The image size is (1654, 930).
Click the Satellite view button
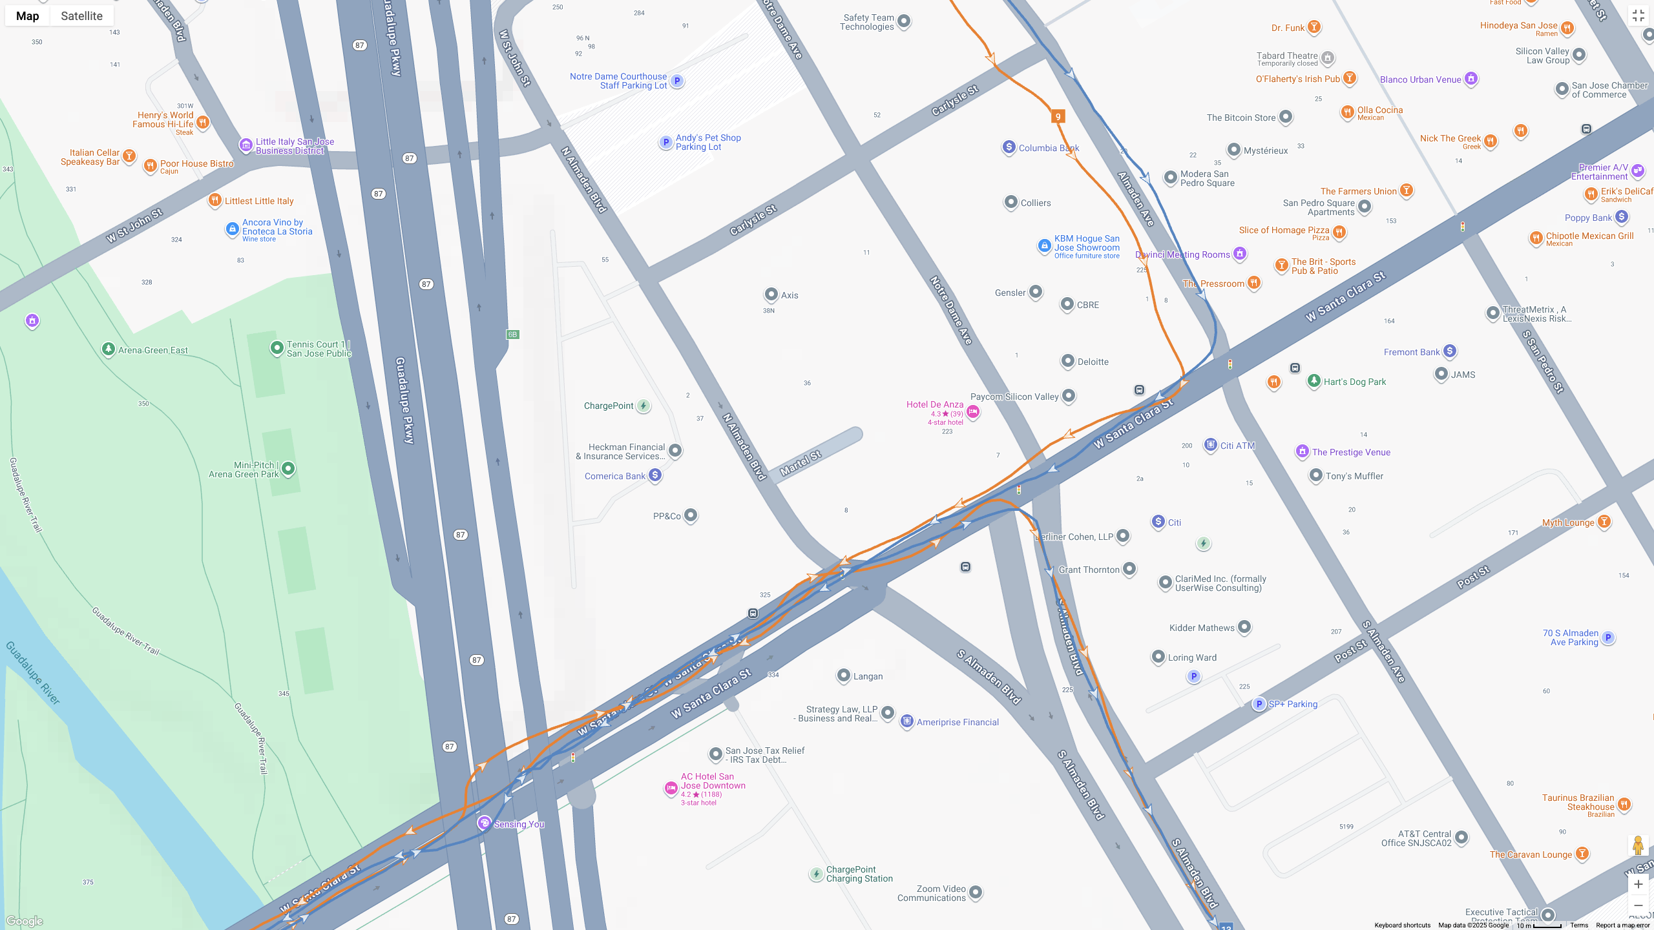81,16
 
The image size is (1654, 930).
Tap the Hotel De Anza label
934,404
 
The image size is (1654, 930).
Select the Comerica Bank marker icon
655,476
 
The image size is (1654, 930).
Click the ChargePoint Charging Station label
859,874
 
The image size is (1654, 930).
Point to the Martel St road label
801,463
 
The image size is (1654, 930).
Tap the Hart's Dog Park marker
1314,381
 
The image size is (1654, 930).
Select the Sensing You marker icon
483,823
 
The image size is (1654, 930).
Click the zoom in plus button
1638,884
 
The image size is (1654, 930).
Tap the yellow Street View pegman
1638,845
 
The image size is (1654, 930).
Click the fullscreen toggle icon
1638,16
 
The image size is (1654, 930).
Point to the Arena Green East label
152,350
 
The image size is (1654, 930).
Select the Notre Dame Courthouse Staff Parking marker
676,81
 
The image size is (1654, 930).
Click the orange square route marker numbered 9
1058,117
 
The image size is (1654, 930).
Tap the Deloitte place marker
1068,361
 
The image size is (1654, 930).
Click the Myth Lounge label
1568,522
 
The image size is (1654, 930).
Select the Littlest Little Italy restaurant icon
215,200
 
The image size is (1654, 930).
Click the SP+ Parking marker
1259,704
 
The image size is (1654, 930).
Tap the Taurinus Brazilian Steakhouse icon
1624,805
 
